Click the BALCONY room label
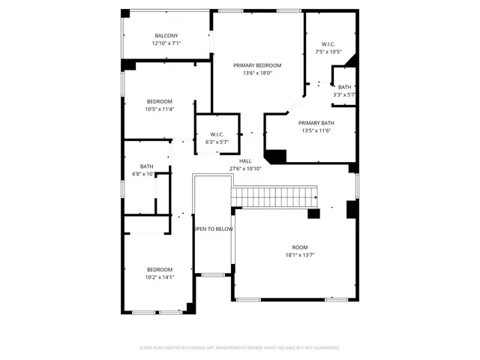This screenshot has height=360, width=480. tap(166, 36)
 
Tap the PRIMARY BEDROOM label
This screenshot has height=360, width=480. tap(256, 65)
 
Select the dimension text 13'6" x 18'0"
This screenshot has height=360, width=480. tap(256, 73)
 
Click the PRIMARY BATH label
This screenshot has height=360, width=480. tap(316, 123)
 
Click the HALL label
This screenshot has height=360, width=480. tap(245, 161)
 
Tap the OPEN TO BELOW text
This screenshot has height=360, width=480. tap(214, 229)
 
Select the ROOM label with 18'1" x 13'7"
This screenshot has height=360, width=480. tap(299, 247)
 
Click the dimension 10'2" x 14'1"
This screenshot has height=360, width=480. tap(159, 277)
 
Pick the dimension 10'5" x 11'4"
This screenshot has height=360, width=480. tap(159, 109)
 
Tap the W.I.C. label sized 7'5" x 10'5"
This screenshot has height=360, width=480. tap(328, 44)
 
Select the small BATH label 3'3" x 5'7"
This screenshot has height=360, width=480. tap(343, 88)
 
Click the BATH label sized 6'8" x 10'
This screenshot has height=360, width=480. tap(146, 166)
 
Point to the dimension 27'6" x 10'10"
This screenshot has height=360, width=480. tap(245, 169)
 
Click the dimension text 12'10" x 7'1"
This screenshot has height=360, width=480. tap(166, 43)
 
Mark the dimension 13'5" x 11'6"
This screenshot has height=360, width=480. tap(316, 130)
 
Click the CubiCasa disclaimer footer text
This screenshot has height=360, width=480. tap(240, 348)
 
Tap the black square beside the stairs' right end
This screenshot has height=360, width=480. tap(313, 214)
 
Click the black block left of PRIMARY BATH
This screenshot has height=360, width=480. tap(276, 157)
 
